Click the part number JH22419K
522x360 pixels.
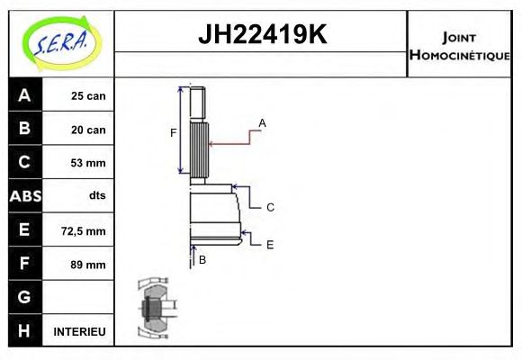(x=261, y=36)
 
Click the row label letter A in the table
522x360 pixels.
(x=24, y=95)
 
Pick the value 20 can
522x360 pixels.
(x=88, y=130)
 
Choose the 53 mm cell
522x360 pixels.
(x=88, y=163)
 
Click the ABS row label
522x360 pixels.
(x=24, y=196)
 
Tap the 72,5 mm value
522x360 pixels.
(x=85, y=231)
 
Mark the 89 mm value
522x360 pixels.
(x=88, y=265)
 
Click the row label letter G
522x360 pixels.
(x=24, y=297)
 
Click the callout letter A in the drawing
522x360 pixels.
(x=262, y=122)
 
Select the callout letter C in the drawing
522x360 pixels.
(x=269, y=207)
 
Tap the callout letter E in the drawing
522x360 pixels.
(x=269, y=244)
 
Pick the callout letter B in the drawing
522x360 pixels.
(x=202, y=260)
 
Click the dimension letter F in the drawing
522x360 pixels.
(x=173, y=133)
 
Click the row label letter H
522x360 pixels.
(x=24, y=330)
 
